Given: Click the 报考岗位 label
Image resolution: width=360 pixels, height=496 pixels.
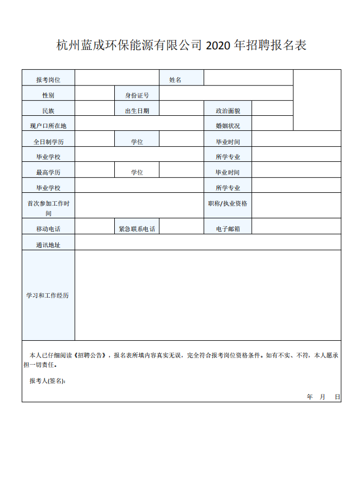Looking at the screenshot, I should (x=48, y=80).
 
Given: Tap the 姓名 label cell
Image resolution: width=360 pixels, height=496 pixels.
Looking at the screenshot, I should (x=175, y=80).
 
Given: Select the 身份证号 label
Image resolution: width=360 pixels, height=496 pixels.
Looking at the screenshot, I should (x=137, y=95).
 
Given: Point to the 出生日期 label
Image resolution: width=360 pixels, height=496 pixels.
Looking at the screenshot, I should (x=137, y=111).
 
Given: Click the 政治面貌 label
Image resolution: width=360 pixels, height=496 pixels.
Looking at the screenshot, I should (x=228, y=111).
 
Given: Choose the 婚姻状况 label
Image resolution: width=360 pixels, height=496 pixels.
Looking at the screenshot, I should (x=228, y=126).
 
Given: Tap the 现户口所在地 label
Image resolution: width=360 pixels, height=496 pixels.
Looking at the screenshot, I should (x=48, y=126).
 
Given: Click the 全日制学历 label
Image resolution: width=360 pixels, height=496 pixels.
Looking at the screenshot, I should (x=48, y=142).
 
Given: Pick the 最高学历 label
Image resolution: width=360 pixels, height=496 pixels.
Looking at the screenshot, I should (x=48, y=172).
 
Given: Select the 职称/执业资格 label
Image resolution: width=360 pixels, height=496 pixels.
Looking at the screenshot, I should (x=228, y=203).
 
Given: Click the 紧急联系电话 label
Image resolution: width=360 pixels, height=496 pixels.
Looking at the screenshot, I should (x=137, y=228).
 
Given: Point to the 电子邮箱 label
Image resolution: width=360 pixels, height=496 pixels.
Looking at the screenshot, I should (x=228, y=228).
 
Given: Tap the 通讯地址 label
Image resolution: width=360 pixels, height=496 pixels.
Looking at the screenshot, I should (x=48, y=244).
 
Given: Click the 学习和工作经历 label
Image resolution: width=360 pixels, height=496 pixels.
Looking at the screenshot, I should (x=48, y=295).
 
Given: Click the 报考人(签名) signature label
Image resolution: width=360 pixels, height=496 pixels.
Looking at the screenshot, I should (x=47, y=381).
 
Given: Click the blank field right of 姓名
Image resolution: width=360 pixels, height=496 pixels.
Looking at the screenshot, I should (x=248, y=78).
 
